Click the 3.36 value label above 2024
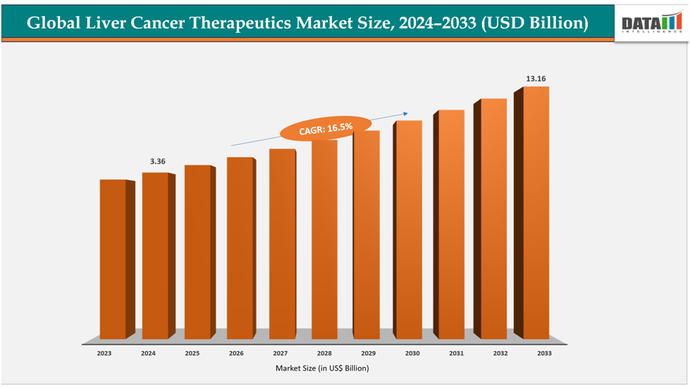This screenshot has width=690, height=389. tap(157, 161)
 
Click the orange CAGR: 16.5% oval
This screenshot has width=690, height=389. tap(325, 128)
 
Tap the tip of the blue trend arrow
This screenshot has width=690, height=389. tap(409, 112)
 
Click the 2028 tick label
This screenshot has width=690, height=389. tap(324, 352)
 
